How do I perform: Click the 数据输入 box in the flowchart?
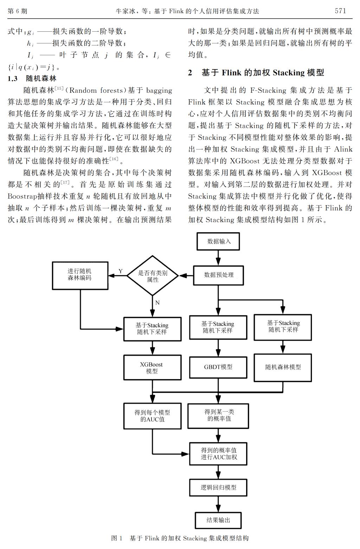click(218, 241)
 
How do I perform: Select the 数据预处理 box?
click(218, 275)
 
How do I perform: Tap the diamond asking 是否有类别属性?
click(153, 275)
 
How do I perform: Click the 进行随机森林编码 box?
click(80, 276)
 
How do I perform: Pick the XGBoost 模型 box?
click(153, 368)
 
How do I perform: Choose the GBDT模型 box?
click(218, 367)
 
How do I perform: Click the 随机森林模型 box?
click(283, 368)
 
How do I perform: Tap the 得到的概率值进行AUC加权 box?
click(218, 454)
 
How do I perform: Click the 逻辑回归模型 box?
click(218, 487)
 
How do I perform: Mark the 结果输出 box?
click(218, 520)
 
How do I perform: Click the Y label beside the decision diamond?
click(121, 271)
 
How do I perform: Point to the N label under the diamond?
click(157, 303)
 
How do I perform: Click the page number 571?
click(340, 11)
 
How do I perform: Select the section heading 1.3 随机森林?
click(32, 78)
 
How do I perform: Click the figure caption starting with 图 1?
click(180, 538)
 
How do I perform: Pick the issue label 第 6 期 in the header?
click(17, 11)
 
